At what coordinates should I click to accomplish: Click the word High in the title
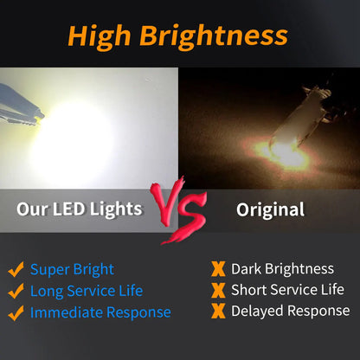100,37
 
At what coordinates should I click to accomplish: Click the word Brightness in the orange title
214,37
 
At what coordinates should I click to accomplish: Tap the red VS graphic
179,210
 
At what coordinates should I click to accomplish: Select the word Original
270,210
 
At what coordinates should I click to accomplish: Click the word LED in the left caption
68,209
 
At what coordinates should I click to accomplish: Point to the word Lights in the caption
116,209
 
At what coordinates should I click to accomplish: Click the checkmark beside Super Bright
16,269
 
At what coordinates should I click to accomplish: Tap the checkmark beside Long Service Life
16,291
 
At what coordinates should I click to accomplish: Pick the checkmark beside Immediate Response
16,313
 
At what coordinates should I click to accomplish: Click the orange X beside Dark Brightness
218,269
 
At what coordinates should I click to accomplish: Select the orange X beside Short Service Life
218,290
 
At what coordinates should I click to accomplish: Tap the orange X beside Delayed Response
218,311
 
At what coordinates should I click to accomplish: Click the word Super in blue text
50,270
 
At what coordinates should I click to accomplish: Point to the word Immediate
67,312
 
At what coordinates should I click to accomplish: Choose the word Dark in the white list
247,269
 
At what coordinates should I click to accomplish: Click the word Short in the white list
249,290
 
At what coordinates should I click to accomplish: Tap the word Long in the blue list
47,292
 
